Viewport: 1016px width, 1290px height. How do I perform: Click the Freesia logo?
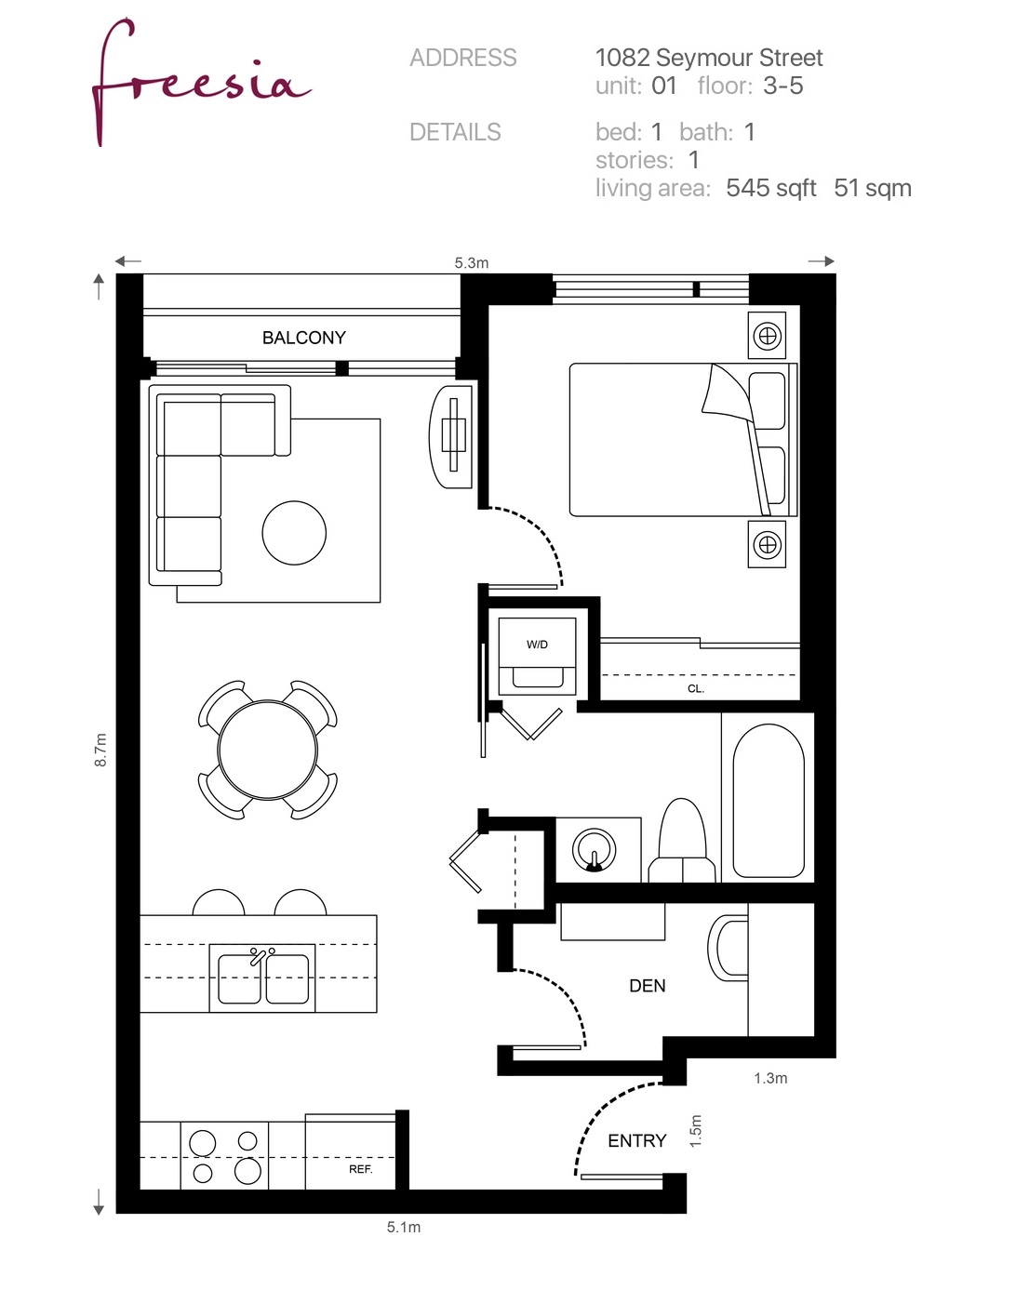[x=201, y=81]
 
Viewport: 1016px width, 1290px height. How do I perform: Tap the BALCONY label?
[x=304, y=339]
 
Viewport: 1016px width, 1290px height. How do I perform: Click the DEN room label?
[x=648, y=986]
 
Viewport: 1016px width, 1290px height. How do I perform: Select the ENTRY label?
[x=637, y=1141]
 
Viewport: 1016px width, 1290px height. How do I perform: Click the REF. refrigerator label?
[x=360, y=1169]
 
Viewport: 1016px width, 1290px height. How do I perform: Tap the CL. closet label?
[x=696, y=689]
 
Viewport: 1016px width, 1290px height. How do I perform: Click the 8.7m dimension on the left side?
[x=100, y=750]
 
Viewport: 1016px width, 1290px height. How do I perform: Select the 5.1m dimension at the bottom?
[x=404, y=1228]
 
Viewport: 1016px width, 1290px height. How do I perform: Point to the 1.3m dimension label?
[x=770, y=1078]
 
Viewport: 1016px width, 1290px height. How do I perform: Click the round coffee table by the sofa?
[x=294, y=533]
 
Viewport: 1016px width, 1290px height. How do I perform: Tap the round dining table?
[x=268, y=750]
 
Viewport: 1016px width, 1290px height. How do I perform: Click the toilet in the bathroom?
[x=682, y=841]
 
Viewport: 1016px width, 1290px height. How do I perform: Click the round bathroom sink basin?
[x=594, y=849]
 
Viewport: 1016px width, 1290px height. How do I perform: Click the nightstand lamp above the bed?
[x=767, y=336]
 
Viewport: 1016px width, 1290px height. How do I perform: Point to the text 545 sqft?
[x=770, y=188]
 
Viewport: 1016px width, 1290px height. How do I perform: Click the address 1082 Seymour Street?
[x=709, y=59]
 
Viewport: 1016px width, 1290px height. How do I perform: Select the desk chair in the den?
[x=728, y=948]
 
